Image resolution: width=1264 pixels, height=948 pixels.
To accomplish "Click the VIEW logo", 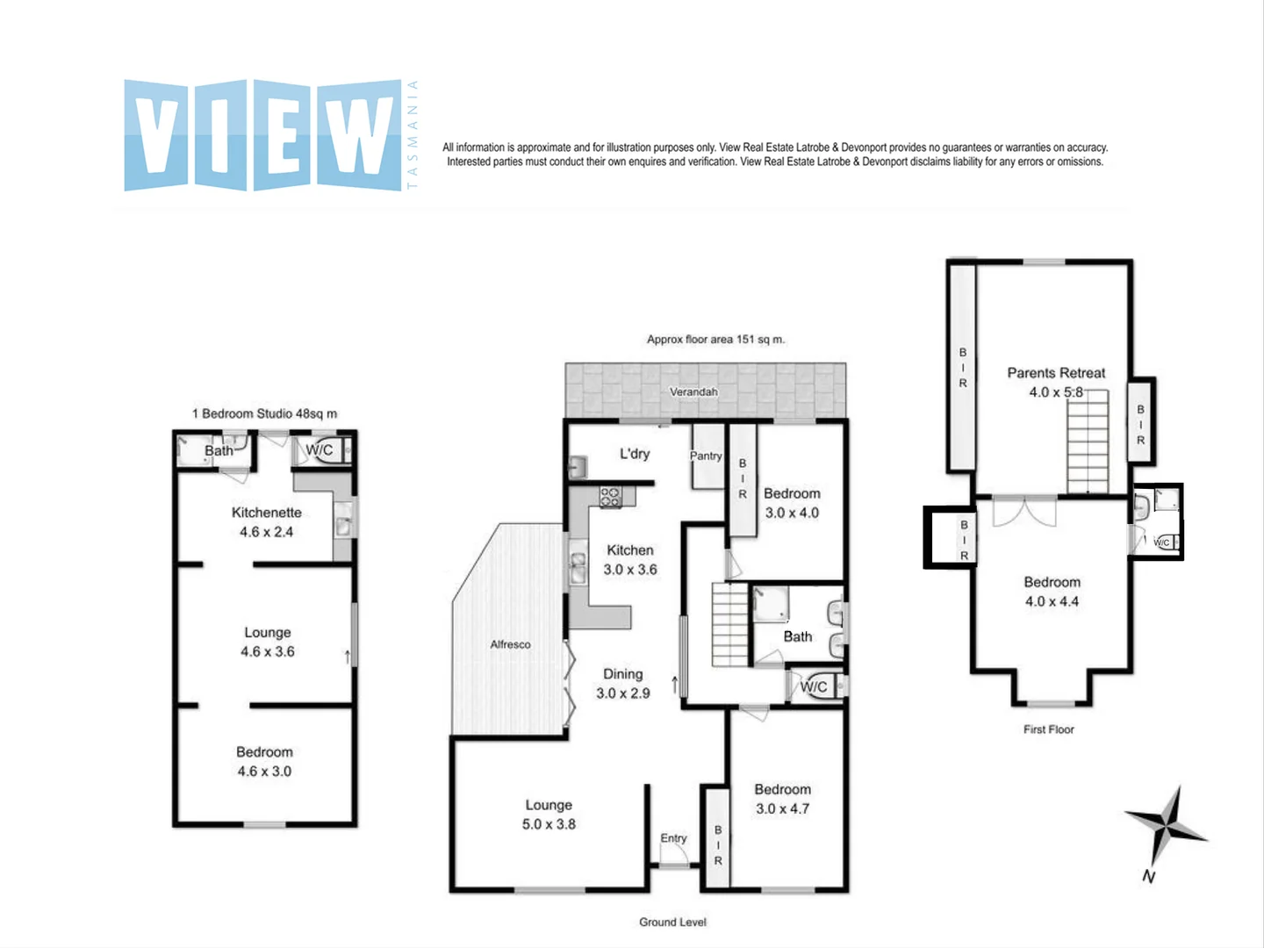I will coord(262,135).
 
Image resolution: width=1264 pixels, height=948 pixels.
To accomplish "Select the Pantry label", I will coord(706,456).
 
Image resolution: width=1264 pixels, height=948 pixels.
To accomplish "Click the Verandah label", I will coord(693,391).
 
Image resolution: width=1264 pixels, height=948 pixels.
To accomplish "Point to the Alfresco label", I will coord(510,644).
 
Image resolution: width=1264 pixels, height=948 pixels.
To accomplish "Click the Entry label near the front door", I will coord(673,838).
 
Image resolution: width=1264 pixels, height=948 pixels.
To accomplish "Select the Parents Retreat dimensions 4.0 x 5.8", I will coord(1056,392).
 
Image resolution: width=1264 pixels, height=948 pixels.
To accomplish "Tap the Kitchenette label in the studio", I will coord(266,513).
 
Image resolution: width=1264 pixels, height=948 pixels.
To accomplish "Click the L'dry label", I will coord(635,454).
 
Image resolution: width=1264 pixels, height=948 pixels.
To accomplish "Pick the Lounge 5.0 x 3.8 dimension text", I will coord(549,824).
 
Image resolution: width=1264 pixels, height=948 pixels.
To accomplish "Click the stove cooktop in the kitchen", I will coord(610,497).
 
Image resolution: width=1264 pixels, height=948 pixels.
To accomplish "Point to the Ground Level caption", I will coord(672,922).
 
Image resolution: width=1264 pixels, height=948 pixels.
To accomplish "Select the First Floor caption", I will coord(1048,729).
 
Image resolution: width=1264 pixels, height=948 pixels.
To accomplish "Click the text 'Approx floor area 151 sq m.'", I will coord(715,339).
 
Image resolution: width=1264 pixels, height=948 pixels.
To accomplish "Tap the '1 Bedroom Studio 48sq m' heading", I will coord(264,413).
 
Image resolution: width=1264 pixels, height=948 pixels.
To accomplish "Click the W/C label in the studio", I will coord(319,450).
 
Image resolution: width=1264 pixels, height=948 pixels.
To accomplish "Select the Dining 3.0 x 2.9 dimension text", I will coord(623,693).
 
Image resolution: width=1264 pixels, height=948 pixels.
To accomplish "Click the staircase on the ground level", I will coord(729,626).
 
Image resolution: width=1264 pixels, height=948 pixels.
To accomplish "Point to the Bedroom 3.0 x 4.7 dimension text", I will coord(782,808).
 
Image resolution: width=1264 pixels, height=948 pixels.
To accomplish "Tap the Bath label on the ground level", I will coord(797,636).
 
